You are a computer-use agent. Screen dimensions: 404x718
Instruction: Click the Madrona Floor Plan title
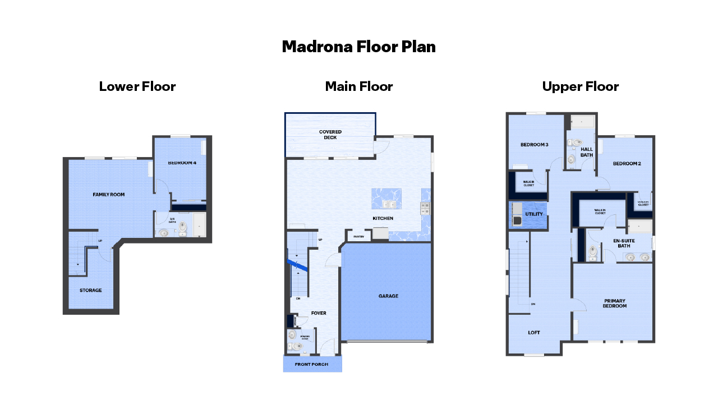358,47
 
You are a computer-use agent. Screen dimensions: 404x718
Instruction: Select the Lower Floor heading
137,86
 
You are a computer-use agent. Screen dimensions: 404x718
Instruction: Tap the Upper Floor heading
580,86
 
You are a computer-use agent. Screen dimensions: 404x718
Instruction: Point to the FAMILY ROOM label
109,195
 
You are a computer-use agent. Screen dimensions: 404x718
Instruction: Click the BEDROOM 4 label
182,163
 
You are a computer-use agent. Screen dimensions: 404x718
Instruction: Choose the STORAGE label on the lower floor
90,291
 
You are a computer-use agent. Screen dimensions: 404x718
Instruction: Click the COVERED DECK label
330,135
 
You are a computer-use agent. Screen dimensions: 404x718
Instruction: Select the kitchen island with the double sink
386,199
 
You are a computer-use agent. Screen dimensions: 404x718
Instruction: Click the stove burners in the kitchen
425,209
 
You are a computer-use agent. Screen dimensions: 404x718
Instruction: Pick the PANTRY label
358,237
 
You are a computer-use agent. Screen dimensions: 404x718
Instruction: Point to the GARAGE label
388,296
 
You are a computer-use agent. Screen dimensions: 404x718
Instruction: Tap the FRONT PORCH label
311,364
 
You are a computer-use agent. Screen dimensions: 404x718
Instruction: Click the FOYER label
319,313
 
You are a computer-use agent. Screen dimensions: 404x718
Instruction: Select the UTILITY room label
533,214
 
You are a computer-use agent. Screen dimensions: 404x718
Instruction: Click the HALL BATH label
587,152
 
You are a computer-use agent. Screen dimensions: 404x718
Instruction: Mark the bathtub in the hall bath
582,121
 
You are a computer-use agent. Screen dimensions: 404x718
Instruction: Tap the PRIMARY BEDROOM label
614,303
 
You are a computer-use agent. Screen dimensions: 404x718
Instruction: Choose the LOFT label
534,333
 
